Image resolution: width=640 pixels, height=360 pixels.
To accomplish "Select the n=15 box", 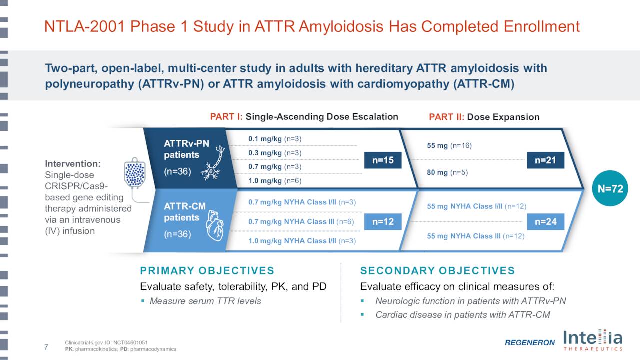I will [383, 160].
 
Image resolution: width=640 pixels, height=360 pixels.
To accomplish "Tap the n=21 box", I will [545, 160].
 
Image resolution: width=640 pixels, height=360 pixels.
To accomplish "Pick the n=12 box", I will [383, 221].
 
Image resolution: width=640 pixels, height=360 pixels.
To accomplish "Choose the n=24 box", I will [545, 221].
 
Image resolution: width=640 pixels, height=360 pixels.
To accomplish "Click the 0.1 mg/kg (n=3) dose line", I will [275, 138].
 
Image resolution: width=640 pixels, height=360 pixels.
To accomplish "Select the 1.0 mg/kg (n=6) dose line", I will [275, 180].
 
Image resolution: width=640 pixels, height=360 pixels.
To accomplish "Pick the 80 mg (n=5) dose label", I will [447, 173].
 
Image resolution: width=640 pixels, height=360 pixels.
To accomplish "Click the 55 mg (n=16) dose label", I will [449, 146].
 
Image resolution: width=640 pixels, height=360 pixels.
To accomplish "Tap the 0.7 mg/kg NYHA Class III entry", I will [301, 222].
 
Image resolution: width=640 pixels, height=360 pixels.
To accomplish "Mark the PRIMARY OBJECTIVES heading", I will [207, 271].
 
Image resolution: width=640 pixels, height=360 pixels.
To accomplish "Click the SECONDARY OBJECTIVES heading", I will [437, 271].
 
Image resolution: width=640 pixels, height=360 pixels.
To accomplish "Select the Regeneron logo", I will [529, 342].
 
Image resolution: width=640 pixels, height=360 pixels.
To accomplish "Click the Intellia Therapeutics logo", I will [593, 340].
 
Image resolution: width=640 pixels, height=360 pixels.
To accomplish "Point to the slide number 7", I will [46, 347].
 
